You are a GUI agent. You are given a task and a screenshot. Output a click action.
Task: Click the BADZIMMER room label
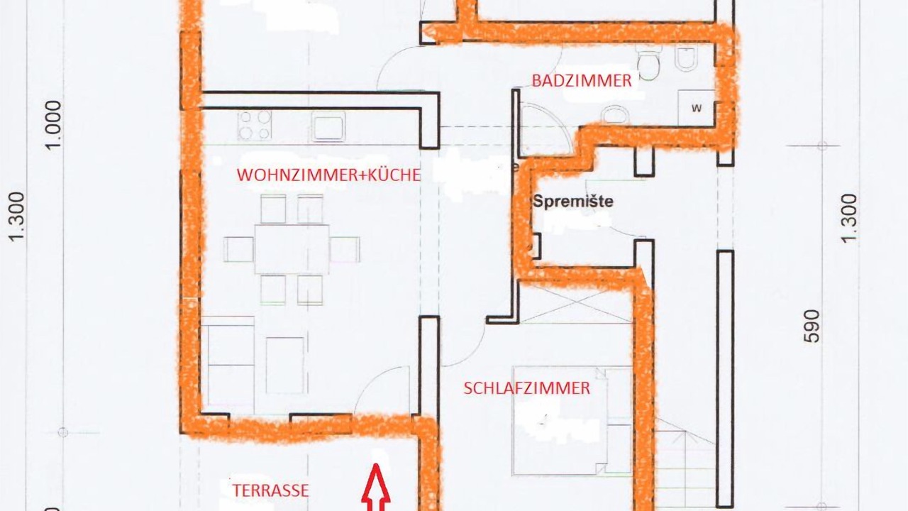point(582,81)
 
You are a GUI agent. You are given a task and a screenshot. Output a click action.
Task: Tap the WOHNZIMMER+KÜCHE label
point(328,175)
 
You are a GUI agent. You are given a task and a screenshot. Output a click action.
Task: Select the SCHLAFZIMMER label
point(526,388)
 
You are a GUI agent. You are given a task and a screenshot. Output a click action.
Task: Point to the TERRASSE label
point(270,490)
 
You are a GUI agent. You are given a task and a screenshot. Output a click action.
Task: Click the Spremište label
point(572,201)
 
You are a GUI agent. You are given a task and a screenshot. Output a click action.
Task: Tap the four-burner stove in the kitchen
point(255,125)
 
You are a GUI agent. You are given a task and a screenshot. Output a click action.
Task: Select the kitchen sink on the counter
point(328,126)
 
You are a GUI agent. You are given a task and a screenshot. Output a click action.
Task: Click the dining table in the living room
point(292,249)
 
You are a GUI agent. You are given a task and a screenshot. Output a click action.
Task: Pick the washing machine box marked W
point(696,108)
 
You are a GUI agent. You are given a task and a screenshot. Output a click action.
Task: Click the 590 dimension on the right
point(812,326)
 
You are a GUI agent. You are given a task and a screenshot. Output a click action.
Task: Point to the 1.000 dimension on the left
point(54,125)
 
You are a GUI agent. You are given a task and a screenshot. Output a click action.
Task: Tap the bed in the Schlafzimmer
point(572,420)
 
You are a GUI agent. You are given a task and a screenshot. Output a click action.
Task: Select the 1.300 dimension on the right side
point(849,218)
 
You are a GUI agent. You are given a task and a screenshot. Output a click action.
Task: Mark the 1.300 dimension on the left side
point(18,217)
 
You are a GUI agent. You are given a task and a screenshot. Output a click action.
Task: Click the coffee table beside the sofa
point(285,366)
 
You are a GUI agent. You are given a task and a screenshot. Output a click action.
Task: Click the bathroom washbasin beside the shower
point(615,114)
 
